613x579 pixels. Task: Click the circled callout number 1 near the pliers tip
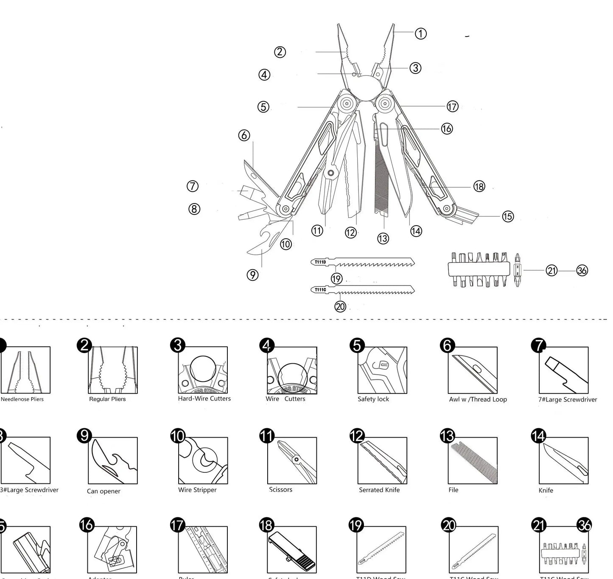(420, 34)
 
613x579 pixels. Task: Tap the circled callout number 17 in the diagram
(452, 106)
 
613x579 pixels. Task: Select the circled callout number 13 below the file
(383, 238)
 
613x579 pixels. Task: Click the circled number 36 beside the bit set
(582, 270)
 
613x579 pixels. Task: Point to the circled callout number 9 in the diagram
(252, 275)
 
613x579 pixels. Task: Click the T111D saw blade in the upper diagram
(363, 263)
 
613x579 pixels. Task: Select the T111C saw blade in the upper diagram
(363, 291)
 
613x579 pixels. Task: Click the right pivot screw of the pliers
(385, 103)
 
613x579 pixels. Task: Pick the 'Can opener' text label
(104, 491)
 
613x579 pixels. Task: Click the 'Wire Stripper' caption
(197, 490)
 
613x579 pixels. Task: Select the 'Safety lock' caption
(373, 399)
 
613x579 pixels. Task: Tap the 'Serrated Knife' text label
(379, 490)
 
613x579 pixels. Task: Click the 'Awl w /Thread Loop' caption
(478, 399)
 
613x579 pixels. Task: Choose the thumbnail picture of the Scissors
(292, 460)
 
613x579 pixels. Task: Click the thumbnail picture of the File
(473, 460)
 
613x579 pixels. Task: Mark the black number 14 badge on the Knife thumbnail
(538, 436)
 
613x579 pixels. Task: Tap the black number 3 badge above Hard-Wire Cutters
(178, 345)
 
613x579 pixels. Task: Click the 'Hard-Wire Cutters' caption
(204, 398)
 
